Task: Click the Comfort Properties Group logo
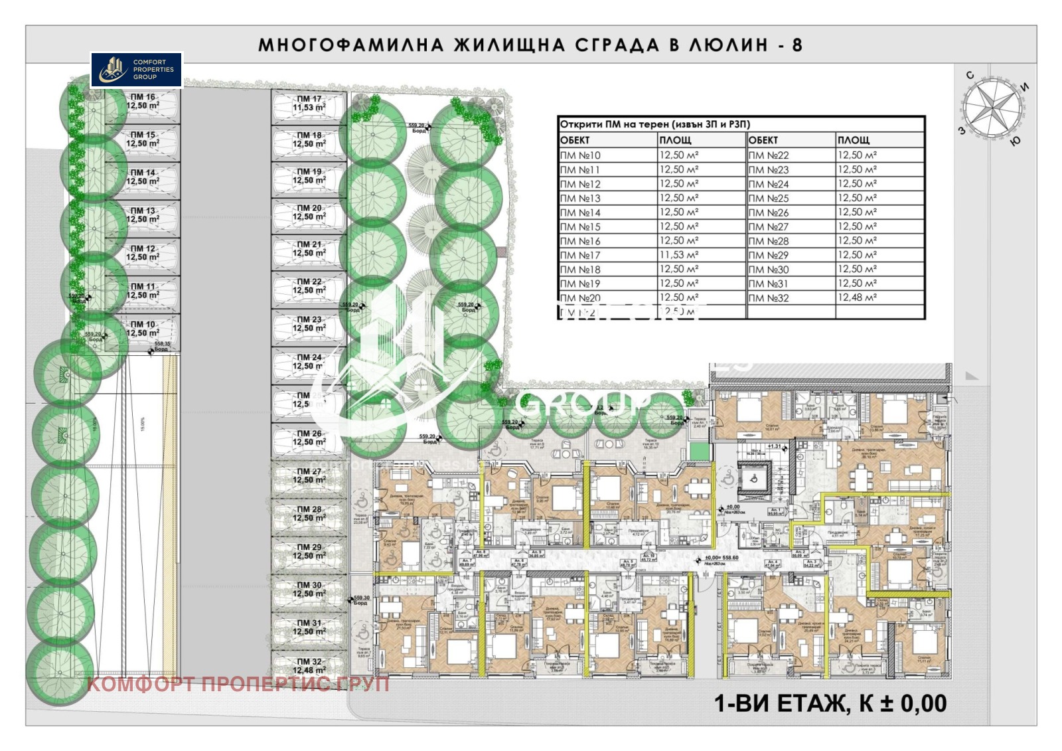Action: (x=136, y=70)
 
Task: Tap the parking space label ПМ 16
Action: (x=143, y=102)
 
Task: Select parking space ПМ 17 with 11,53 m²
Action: (x=309, y=103)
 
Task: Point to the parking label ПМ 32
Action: (x=309, y=666)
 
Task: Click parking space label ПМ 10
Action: (x=143, y=329)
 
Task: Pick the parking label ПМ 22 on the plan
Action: (x=309, y=286)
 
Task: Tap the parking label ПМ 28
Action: (x=309, y=514)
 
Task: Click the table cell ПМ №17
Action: (x=581, y=256)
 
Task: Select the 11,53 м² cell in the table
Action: (x=678, y=255)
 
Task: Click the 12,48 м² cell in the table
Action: (x=857, y=297)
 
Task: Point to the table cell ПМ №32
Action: (x=769, y=298)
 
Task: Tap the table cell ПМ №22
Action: (x=769, y=155)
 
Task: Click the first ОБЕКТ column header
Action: (x=575, y=140)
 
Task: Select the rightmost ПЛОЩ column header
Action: (x=854, y=140)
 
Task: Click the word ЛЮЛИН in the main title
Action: (x=725, y=45)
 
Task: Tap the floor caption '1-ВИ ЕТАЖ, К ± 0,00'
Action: (x=830, y=703)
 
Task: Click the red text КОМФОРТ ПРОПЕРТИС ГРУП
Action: (x=238, y=683)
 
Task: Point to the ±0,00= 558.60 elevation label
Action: (x=721, y=558)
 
